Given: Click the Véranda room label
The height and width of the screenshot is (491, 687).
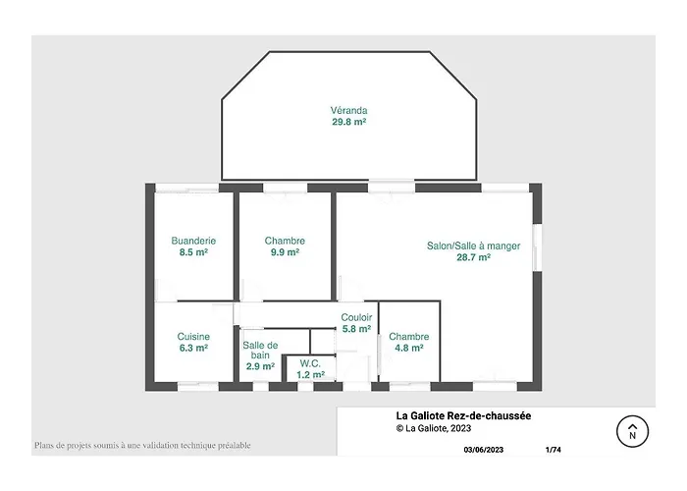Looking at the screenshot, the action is (348, 110).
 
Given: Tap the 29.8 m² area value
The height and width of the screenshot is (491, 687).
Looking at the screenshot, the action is (348, 122).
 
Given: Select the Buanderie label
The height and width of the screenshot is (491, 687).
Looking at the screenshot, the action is (193, 241).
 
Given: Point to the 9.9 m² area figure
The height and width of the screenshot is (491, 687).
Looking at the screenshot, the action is (285, 252).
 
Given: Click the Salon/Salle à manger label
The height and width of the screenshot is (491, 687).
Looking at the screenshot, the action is (474, 245).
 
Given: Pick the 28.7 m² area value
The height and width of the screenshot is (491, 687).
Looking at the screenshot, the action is (474, 257).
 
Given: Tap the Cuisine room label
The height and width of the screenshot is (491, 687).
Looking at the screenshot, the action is (193, 336).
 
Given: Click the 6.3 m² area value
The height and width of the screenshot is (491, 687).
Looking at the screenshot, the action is (193, 348).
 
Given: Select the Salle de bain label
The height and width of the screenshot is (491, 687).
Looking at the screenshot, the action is (260, 350).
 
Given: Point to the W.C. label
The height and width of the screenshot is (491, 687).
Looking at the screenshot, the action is (310, 363).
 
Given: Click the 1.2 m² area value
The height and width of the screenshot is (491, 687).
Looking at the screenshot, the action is (310, 375).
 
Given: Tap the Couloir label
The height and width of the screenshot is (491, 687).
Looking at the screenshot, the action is (356, 317).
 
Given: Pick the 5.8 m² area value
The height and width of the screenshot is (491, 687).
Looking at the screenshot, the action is (356, 328).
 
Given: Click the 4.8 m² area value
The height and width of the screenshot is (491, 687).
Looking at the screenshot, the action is (409, 348).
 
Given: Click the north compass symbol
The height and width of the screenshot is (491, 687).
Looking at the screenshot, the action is (632, 431).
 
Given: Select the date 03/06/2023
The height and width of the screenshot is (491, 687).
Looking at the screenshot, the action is (483, 450).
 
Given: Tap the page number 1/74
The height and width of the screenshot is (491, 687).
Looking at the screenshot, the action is (553, 450).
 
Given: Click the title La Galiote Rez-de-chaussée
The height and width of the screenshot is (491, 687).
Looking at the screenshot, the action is (463, 415).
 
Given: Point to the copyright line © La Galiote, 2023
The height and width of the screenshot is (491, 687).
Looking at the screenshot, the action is (434, 428).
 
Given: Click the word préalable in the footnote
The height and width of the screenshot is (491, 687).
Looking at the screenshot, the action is (234, 446).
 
